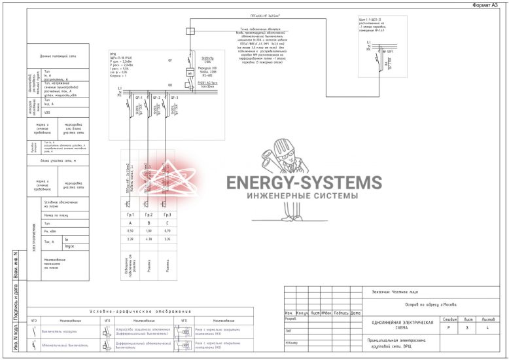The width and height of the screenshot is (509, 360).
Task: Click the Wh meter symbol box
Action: click(x=190, y=73)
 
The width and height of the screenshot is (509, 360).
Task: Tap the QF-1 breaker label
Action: click(x=139, y=98)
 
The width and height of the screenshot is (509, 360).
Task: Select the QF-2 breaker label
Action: click(x=156, y=98)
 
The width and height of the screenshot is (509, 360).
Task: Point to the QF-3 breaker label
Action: click(x=174, y=98)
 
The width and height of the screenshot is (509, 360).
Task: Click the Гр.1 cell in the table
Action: click(x=130, y=215)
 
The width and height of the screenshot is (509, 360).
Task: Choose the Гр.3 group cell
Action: click(x=167, y=215)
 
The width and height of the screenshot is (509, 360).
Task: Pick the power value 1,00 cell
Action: click(x=149, y=231)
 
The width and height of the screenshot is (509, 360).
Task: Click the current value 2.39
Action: click(x=130, y=240)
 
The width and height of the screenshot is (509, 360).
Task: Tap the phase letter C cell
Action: click(x=167, y=223)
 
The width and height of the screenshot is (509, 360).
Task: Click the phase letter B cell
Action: click(x=149, y=223)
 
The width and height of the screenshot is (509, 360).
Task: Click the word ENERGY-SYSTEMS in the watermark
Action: click(x=304, y=183)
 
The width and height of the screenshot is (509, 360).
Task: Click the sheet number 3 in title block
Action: click(x=466, y=327)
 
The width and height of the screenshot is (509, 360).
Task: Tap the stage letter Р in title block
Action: click(x=448, y=327)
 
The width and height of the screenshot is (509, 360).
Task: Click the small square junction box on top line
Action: click(x=190, y=30)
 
